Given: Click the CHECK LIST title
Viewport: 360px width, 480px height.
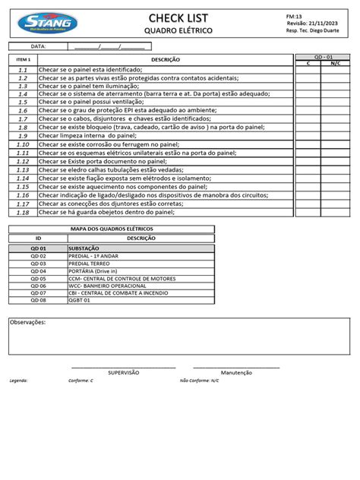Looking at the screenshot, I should click(178, 17).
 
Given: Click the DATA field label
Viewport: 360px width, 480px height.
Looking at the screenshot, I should click(38, 46).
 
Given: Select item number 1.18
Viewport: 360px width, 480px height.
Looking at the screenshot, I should click(23, 212).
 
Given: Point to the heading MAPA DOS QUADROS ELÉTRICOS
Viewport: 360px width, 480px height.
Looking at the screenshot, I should click(112, 229).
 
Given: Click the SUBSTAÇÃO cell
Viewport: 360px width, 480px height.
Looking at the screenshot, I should click(84, 248).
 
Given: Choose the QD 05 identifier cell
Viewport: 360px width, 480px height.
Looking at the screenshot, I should click(38, 278).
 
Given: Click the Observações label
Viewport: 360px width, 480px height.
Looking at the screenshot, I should click(27, 322).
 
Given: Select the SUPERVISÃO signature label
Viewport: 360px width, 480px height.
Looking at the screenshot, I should click(124, 373).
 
